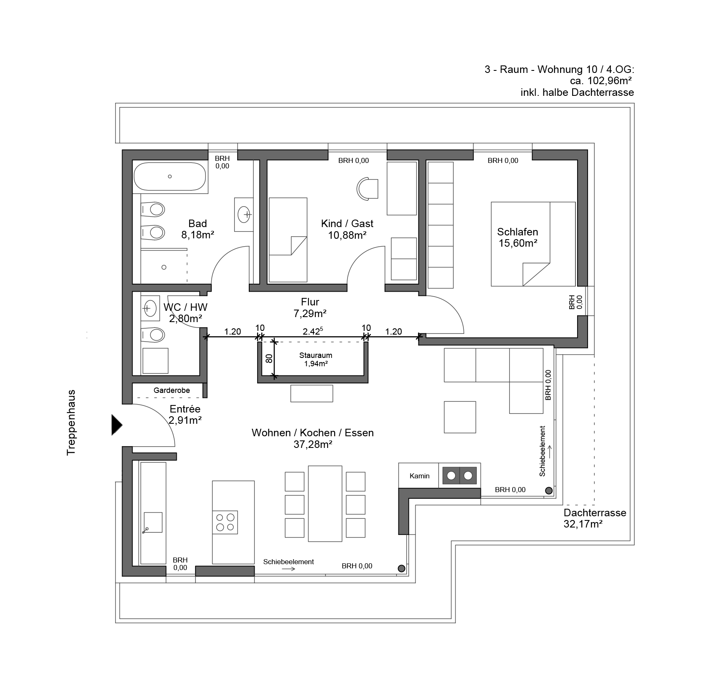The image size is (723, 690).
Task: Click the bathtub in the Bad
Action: coord(170,177)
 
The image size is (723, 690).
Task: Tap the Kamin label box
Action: coord(419,475)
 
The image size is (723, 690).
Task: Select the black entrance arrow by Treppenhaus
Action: coord(117,425)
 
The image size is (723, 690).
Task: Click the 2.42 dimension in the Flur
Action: coord(313,331)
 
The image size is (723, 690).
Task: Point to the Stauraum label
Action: coord(315,355)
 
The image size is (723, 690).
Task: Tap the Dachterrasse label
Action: coord(595,512)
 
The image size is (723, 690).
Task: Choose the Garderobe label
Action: coord(172,390)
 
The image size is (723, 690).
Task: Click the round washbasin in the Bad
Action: coord(244,215)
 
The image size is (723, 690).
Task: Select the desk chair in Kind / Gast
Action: coord(367,189)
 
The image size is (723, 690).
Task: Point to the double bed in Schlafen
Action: coord(533,244)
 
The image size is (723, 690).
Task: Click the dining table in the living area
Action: coord(325,503)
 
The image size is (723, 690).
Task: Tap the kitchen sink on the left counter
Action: coord(153,522)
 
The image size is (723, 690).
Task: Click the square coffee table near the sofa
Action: coord(460,417)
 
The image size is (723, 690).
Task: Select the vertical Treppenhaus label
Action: coord(71,422)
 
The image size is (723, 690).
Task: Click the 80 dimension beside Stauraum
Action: coord(269,358)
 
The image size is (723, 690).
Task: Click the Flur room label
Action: coord(310,302)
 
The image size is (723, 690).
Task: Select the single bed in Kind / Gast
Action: coord(288,240)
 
